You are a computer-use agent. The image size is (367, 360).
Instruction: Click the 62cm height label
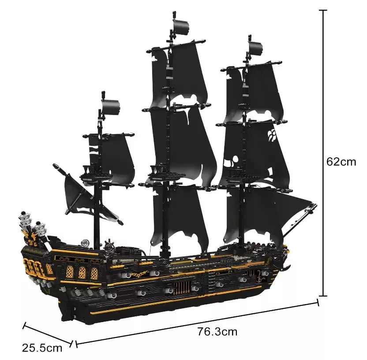pos(341,161)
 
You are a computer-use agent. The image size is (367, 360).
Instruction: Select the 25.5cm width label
pos(42,348)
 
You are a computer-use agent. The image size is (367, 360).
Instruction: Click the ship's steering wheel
pos(109,245)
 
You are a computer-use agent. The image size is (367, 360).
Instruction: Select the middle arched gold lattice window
pos(82,273)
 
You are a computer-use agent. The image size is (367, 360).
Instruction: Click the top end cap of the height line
pos(324,10)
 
